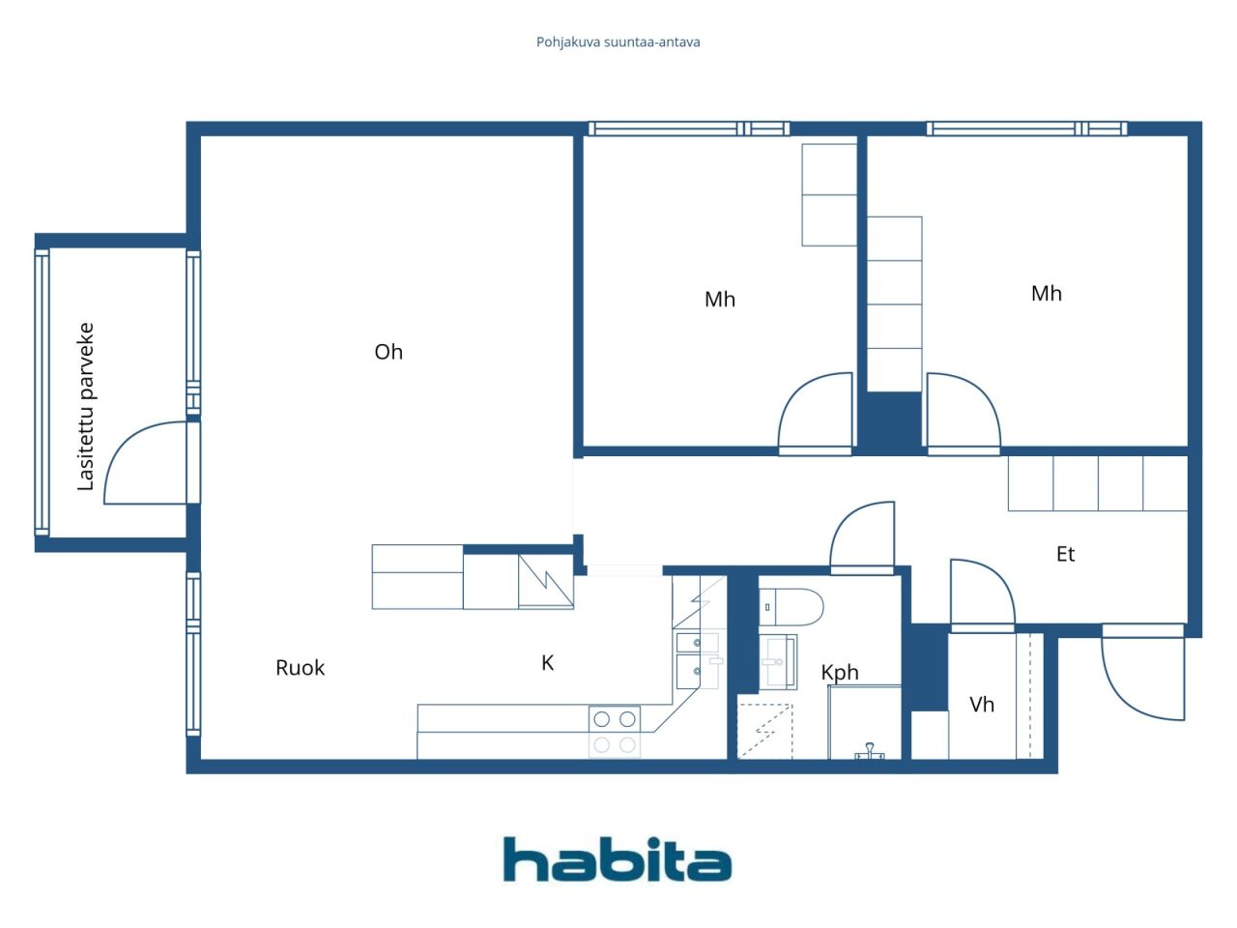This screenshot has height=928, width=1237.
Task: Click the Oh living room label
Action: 388,352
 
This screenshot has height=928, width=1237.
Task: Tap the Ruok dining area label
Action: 300,668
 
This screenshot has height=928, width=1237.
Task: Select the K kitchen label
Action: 547,663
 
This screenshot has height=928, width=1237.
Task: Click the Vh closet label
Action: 981,705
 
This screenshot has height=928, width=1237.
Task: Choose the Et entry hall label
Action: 1065,555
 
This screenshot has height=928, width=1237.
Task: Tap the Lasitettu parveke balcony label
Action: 86,406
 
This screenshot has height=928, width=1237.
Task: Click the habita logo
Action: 618,859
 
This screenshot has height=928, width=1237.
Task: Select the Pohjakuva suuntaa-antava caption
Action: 618,43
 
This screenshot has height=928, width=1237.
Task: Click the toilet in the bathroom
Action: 791,607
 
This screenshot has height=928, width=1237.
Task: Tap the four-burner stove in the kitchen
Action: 615,732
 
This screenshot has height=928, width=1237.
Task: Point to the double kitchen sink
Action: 697,660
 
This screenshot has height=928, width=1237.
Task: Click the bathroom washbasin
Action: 778,661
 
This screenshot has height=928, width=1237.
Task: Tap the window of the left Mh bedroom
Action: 689,129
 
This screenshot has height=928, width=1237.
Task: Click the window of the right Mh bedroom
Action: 1026,129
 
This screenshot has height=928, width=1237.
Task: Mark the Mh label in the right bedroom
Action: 1046,294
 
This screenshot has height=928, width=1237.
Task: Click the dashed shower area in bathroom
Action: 764,731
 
